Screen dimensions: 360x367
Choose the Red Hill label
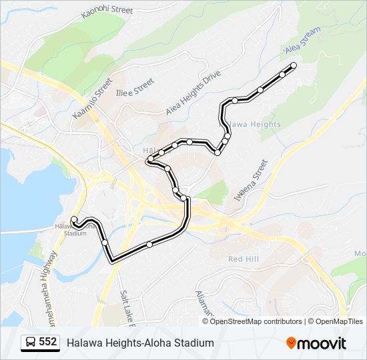tap(242, 259)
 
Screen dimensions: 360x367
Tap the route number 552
tap(47, 342)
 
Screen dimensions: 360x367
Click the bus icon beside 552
tap(31, 343)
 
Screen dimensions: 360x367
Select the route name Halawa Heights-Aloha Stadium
tap(140, 343)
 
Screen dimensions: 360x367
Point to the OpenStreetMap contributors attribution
tap(256, 321)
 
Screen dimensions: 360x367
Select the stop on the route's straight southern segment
tap(149, 245)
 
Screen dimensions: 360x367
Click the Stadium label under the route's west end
tap(75, 233)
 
